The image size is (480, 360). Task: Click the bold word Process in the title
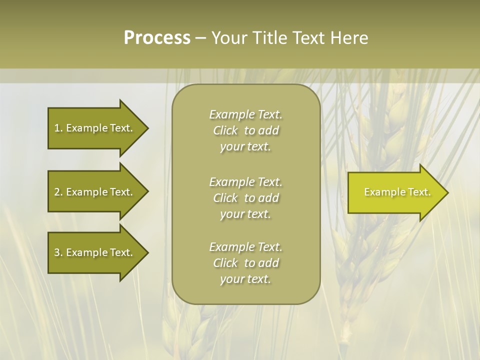[157, 38]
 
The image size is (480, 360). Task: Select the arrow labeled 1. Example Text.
[95, 128]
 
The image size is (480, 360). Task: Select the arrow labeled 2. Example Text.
[95, 192]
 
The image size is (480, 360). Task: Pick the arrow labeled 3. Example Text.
[95, 252]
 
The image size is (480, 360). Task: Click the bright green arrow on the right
[395, 192]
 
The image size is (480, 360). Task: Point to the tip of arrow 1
[147, 128]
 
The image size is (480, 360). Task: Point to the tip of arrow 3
[147, 252]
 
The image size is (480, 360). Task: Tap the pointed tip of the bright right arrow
[447, 192]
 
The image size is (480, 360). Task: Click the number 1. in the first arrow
[58, 128]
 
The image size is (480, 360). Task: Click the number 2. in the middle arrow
[58, 192]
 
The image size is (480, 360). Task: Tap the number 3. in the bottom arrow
[58, 252]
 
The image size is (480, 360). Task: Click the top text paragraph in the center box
[245, 130]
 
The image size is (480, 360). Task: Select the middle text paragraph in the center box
[245, 198]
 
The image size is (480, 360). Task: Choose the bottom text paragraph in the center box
[245, 263]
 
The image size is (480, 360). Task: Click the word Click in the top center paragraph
[225, 130]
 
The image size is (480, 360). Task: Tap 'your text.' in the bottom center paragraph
[245, 279]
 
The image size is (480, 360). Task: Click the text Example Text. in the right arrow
[397, 192]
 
